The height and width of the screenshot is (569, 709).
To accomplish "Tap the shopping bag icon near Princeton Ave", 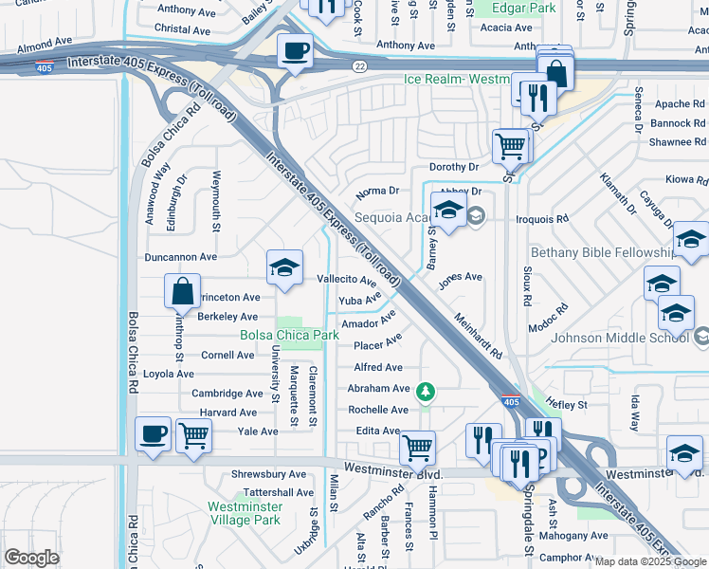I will (x=182, y=291).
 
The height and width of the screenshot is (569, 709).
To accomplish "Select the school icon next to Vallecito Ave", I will (x=284, y=267).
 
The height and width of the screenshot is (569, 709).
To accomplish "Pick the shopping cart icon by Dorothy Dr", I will (x=511, y=145).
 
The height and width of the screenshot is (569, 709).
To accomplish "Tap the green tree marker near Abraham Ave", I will (x=427, y=390).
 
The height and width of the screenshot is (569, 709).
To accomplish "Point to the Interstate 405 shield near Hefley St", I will (x=510, y=402).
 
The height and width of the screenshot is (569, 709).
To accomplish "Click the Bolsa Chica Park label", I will (x=289, y=336).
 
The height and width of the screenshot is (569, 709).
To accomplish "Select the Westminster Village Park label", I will (x=244, y=513).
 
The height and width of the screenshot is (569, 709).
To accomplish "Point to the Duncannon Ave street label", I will (x=180, y=257).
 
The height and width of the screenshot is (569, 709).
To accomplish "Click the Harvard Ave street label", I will (x=227, y=413).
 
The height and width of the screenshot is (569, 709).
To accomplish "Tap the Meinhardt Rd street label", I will (x=477, y=337).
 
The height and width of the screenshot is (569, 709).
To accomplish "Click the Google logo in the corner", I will (x=31, y=558).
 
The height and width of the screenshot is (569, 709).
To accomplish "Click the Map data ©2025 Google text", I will (x=649, y=561).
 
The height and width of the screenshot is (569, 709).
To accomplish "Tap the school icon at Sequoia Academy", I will (x=448, y=211).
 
